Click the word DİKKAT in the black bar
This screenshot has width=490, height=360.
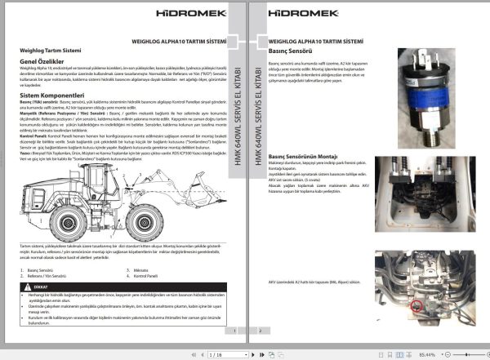(x=39, y=287)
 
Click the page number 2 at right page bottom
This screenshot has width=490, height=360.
(x=259, y=331)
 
